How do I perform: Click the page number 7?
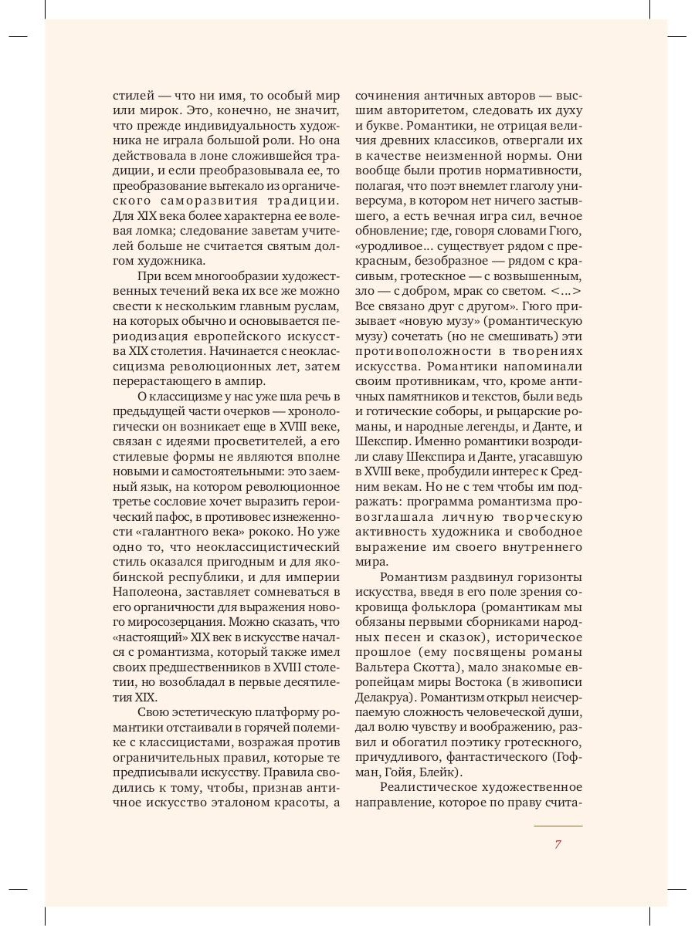tap(558, 844)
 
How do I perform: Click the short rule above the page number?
tap(558, 826)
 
